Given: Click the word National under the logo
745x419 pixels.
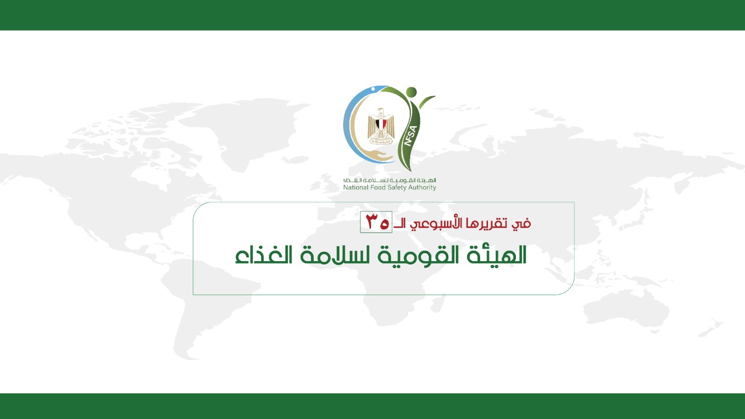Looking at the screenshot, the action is point(356,188).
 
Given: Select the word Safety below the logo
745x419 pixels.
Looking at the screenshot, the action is point(397,188).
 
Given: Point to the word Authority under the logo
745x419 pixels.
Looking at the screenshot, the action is point(422,188).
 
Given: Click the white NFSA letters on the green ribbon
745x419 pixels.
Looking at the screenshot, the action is point(411,135).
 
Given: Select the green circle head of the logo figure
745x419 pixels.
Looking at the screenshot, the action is point(412,92).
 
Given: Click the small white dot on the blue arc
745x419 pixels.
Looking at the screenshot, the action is point(373,89).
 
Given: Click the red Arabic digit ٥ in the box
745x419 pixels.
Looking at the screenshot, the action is point(384,224).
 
